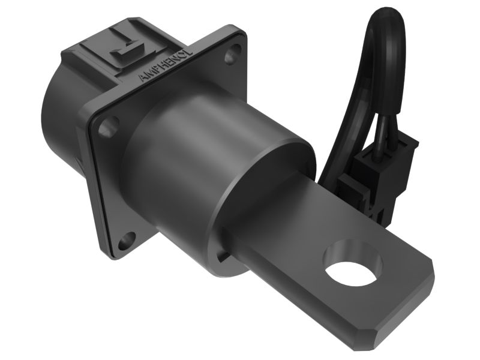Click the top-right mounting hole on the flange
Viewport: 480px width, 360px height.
coord(230,57)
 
